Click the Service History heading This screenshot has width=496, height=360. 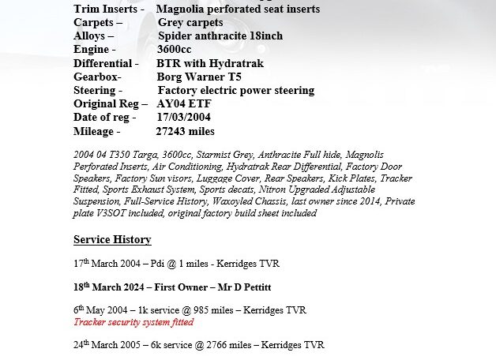tap(112, 239)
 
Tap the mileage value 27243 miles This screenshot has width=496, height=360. tap(185, 131)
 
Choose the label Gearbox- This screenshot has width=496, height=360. tap(97, 77)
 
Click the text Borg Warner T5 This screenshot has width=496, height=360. tap(199, 77)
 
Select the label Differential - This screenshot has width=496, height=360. tap(106, 63)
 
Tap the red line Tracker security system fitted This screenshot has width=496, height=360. tap(133, 322)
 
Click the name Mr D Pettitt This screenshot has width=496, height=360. tap(242, 287)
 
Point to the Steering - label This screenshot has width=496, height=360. tap(98, 91)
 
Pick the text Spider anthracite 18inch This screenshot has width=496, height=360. tap(220, 36)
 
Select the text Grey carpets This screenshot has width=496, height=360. tap(190, 22)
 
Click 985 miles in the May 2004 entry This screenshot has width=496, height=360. tap(211, 310)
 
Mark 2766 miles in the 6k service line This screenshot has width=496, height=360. tap(228, 345)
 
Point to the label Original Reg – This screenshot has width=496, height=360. tap(111, 104)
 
